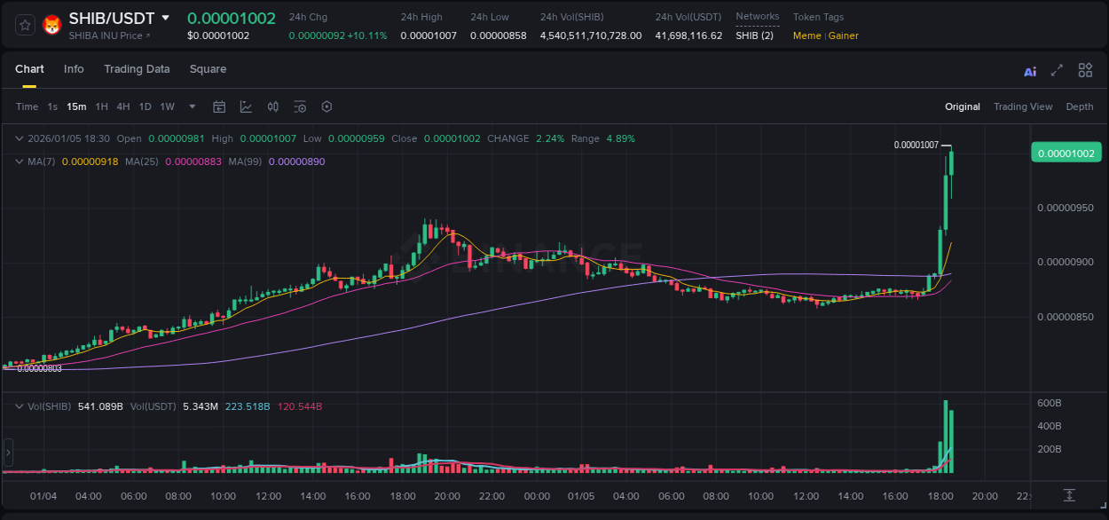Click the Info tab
[74, 69]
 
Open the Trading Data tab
[137, 69]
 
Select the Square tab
[208, 69]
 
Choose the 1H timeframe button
[102, 106]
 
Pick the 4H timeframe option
[123, 106]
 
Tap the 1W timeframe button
[167, 106]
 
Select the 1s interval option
[52, 106]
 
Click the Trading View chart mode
[1023, 106]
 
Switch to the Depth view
[1080, 106]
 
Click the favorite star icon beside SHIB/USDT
[26, 25]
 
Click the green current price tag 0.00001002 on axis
[1066, 153]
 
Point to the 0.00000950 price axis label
[1066, 208]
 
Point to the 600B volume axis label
[1050, 403]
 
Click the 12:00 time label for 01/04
[268, 496]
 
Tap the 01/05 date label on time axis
[581, 496]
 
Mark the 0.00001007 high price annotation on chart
[916, 145]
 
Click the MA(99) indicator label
[245, 162]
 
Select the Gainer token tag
[844, 35]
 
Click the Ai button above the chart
[1030, 71]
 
